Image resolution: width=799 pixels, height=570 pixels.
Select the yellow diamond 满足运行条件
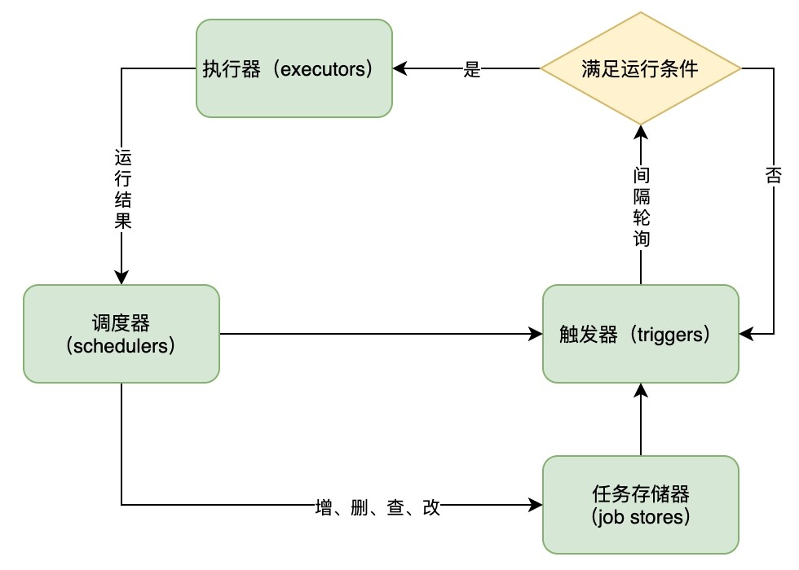[x=641, y=69]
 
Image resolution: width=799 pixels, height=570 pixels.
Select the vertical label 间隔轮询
[x=641, y=207]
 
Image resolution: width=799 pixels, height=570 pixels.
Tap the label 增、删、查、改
[x=377, y=506]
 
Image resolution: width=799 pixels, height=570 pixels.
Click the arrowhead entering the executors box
[x=399, y=69]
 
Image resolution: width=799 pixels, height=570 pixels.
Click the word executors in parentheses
[x=326, y=69]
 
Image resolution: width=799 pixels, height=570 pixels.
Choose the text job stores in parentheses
[x=641, y=516]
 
